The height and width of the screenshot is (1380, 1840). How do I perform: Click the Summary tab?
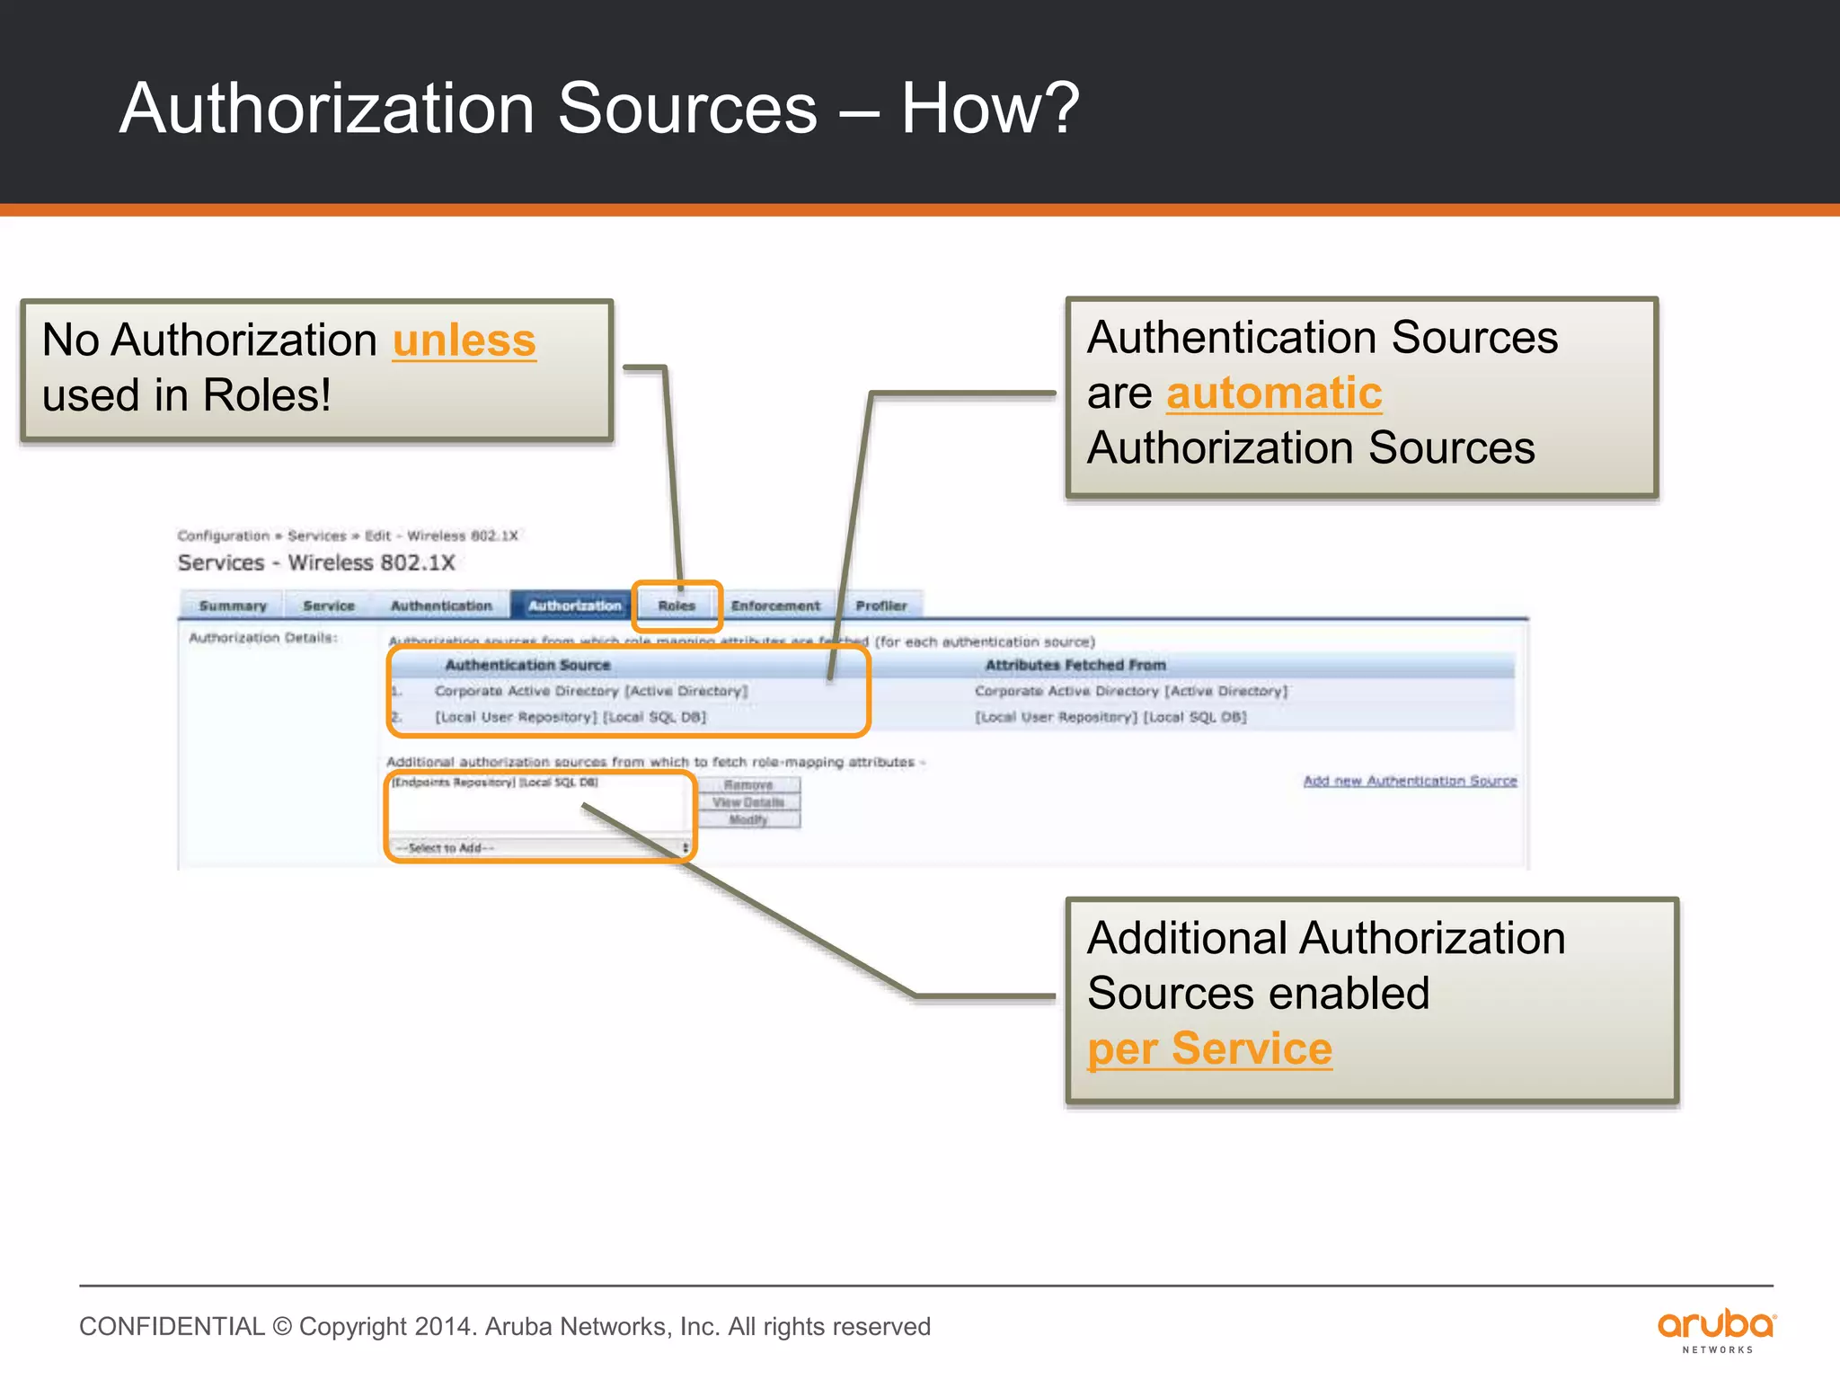pyautogui.click(x=233, y=606)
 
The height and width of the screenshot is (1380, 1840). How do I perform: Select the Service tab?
pyautogui.click(x=329, y=606)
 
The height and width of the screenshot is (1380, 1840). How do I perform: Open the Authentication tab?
pyautogui.click(x=441, y=606)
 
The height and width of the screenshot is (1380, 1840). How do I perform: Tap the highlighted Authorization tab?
pyautogui.click(x=574, y=606)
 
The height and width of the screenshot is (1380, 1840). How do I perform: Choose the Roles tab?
pyautogui.click(x=677, y=606)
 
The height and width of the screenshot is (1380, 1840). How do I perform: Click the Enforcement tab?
pyautogui.click(x=775, y=606)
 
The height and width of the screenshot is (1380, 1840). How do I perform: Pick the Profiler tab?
pyautogui.click(x=880, y=606)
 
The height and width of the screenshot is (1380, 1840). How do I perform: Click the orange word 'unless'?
pyautogui.click(x=464, y=341)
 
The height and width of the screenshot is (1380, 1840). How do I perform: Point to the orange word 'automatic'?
pyautogui.click(x=1274, y=394)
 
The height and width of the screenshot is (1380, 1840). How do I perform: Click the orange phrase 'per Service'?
pyautogui.click(x=1209, y=1048)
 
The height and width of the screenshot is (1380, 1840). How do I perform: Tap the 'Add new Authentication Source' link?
pyautogui.click(x=1410, y=782)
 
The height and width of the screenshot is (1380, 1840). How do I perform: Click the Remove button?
pyautogui.click(x=748, y=785)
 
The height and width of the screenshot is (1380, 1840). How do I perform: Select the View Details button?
pyautogui.click(x=748, y=802)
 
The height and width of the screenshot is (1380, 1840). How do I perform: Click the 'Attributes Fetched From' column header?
pyautogui.click(x=1075, y=665)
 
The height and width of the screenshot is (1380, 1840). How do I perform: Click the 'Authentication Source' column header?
pyautogui.click(x=527, y=665)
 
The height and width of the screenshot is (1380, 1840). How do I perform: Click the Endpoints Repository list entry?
pyautogui.click(x=495, y=783)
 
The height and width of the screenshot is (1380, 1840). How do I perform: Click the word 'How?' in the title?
pyautogui.click(x=989, y=109)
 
